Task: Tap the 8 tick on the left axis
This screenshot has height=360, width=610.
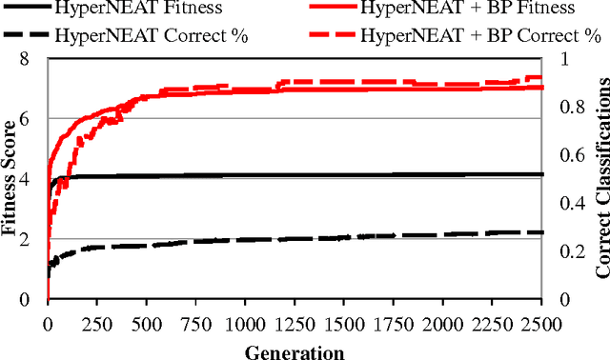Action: coord(35,59)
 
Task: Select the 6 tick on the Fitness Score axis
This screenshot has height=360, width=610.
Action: coord(35,119)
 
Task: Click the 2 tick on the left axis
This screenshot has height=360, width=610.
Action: coord(35,240)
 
